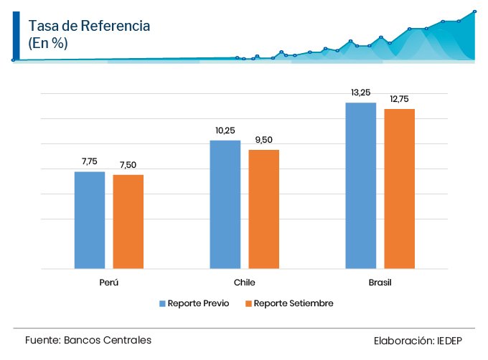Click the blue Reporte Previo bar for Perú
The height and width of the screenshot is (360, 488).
(90, 220)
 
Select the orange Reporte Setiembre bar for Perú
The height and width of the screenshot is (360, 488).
(128, 222)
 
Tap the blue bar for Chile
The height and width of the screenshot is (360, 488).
(225, 204)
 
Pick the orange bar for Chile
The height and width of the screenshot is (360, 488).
(264, 209)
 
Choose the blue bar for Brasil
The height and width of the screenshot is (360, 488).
(361, 186)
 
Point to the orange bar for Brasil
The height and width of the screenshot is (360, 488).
(400, 189)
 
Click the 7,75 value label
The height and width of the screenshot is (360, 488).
(90, 162)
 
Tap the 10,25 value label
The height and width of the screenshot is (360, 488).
(225, 131)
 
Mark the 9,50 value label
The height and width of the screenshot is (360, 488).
(263, 140)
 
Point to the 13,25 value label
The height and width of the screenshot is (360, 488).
(361, 93)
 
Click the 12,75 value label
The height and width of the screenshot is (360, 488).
(400, 99)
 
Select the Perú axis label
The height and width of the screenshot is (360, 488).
(109, 283)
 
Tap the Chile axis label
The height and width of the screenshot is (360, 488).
(245, 283)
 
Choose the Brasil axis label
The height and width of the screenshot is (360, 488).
(380, 283)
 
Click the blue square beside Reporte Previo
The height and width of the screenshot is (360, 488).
(162, 303)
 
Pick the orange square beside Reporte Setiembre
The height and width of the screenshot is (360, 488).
(248, 303)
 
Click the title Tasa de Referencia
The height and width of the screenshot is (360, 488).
(89, 26)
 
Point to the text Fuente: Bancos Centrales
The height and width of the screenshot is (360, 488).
(88, 340)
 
